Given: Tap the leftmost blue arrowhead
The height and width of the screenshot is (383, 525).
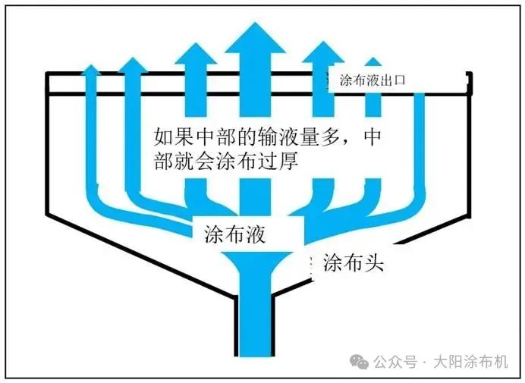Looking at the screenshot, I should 92,72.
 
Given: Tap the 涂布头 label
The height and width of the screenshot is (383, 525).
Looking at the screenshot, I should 355,262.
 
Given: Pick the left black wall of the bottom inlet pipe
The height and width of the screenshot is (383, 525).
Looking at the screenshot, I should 232,326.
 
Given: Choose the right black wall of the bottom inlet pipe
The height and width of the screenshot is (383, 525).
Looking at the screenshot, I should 278,326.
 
